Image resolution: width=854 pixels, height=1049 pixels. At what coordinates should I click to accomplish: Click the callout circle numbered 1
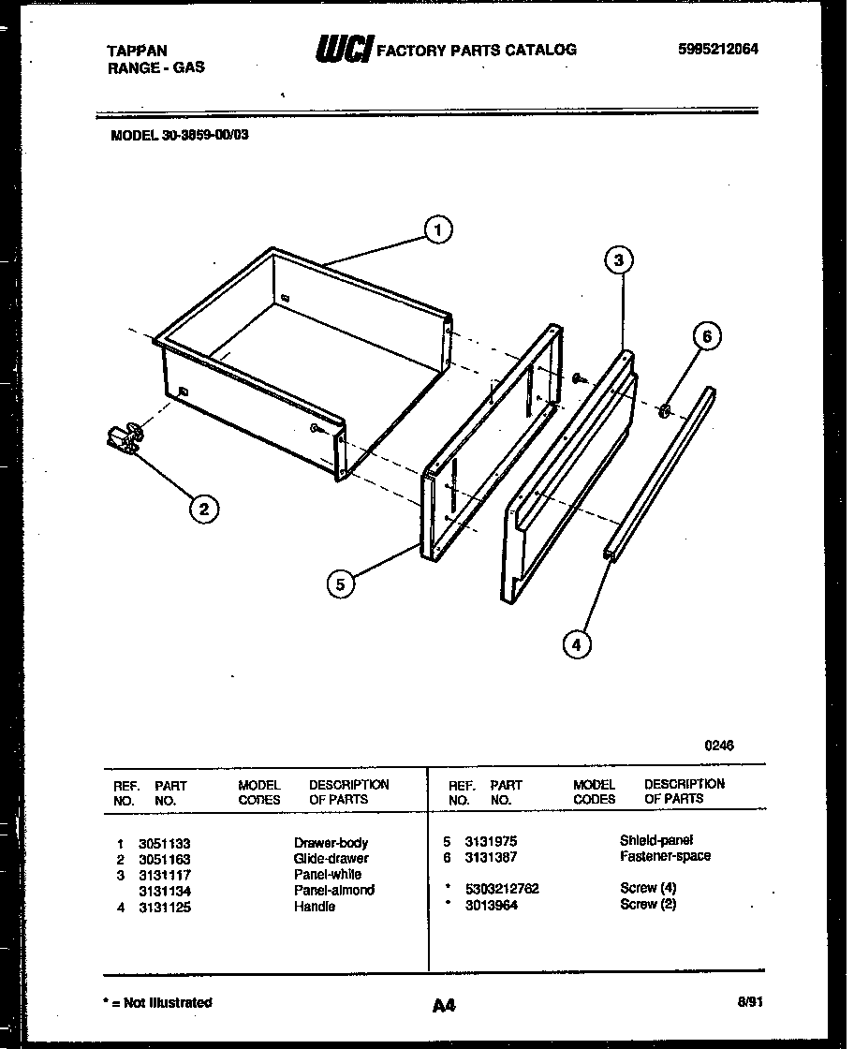(437, 229)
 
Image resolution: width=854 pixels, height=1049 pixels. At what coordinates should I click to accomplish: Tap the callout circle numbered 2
(204, 509)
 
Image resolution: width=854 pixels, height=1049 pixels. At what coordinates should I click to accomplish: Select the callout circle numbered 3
(618, 261)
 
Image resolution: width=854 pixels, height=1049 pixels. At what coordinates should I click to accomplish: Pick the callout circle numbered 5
(341, 584)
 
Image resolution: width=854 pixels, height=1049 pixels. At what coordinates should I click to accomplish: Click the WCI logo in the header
(344, 49)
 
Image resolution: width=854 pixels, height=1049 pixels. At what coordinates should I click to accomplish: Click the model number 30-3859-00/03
(180, 134)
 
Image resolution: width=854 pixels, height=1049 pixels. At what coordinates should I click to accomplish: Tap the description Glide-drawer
(331, 859)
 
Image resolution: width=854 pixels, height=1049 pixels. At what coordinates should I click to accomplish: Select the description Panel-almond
(333, 891)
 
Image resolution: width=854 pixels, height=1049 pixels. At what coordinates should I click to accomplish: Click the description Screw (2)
(647, 904)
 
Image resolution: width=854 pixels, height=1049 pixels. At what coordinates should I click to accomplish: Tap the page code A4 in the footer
(444, 1006)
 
